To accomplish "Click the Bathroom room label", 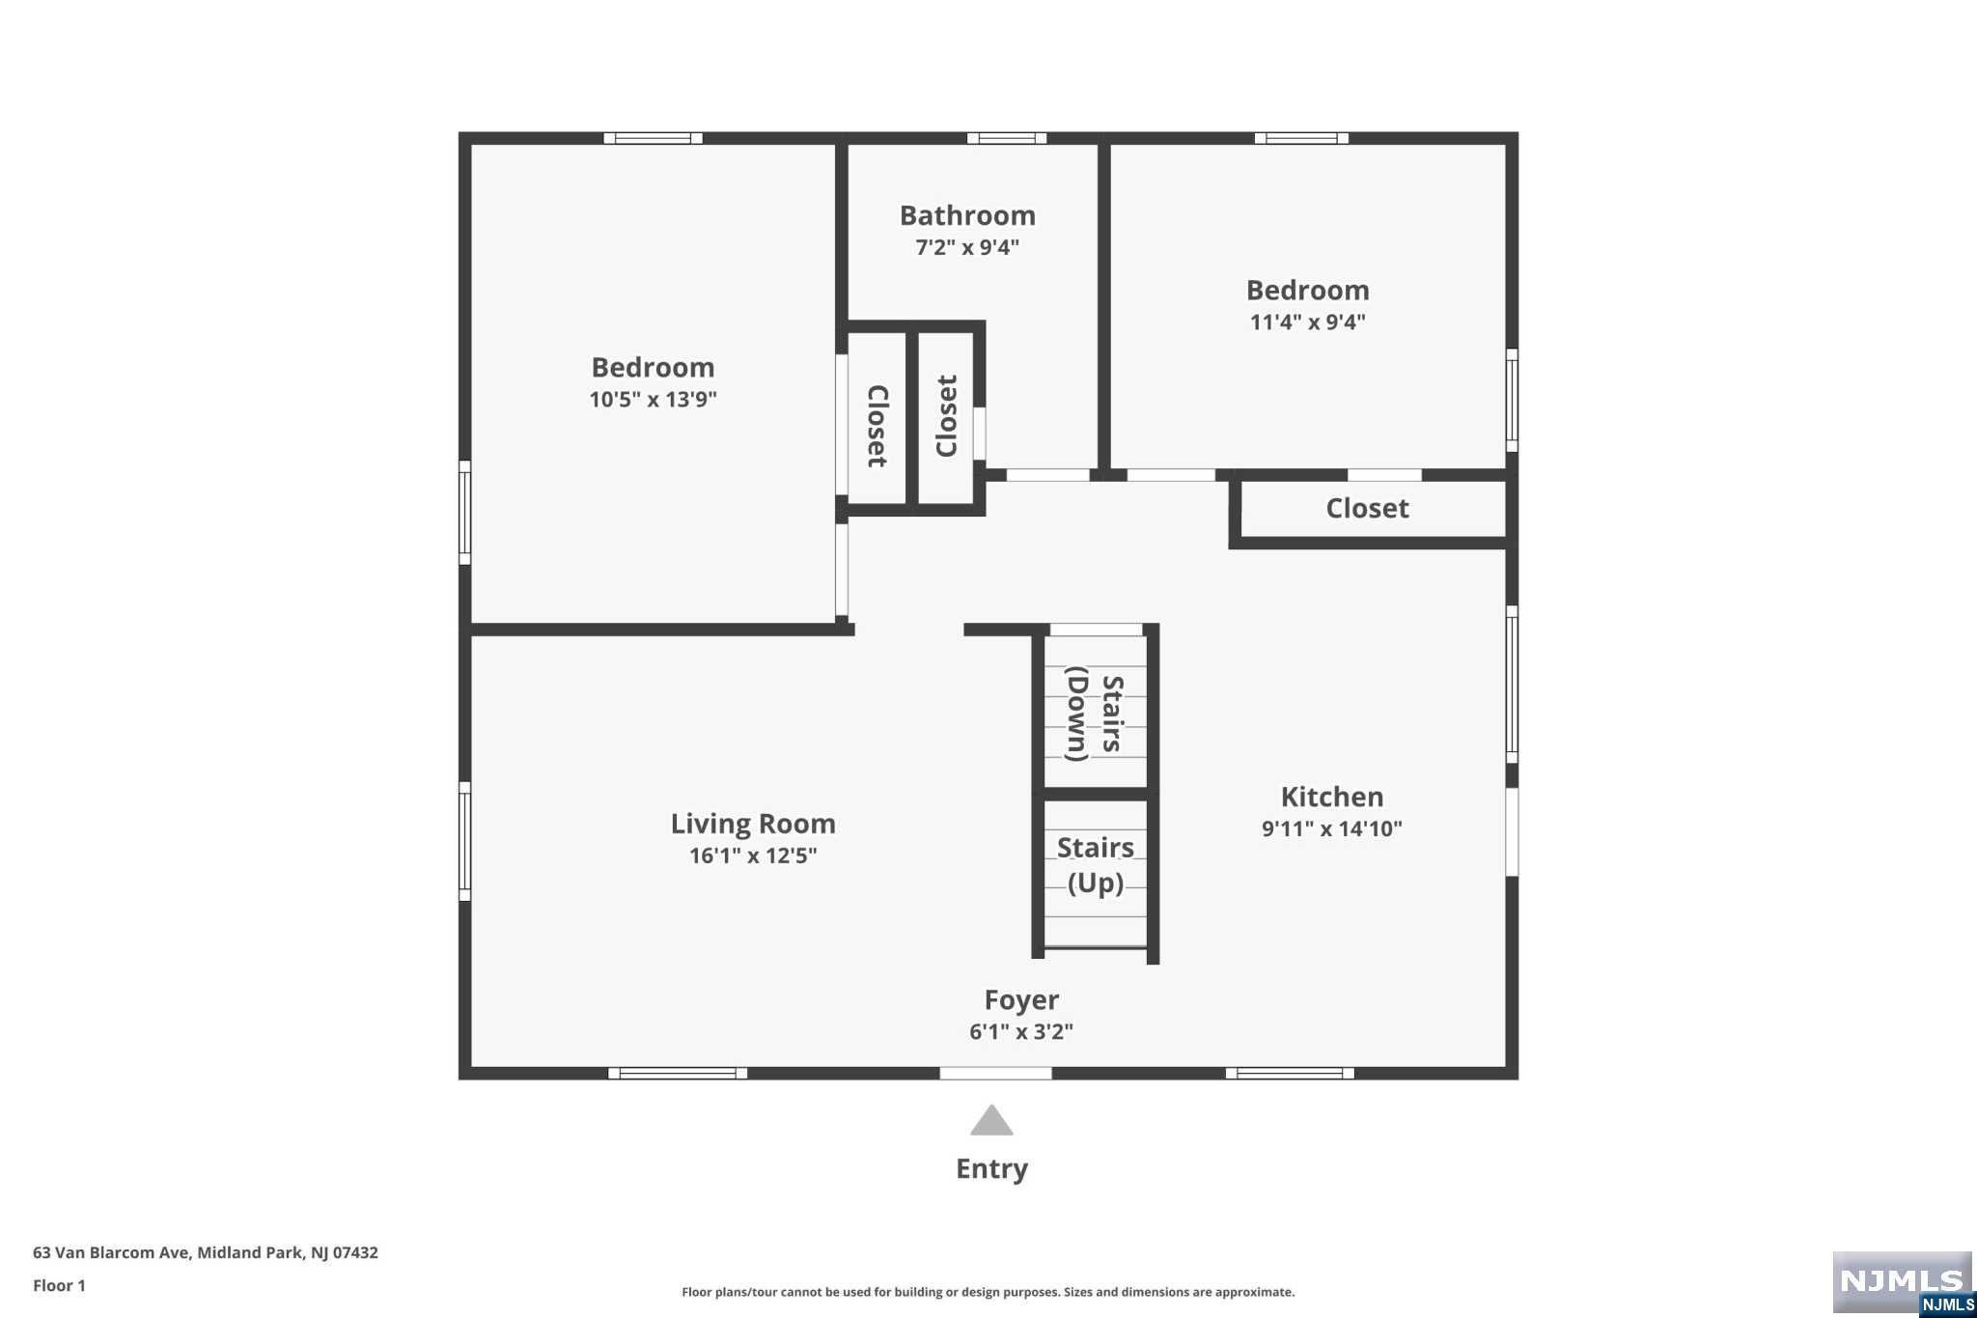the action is click(x=967, y=215).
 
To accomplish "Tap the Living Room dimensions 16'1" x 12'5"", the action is click(x=753, y=855).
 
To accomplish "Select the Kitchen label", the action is click(x=1332, y=797).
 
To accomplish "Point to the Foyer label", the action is click(x=1021, y=1000).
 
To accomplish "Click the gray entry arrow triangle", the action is click(x=991, y=1121).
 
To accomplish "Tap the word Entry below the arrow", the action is click(x=991, y=1169).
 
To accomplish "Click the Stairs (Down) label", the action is click(x=1095, y=714).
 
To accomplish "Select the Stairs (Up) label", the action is click(x=1096, y=865).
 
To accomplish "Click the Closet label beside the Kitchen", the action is click(x=1367, y=508).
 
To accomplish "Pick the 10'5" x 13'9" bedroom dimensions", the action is click(x=654, y=399).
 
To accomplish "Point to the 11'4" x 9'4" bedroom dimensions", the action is click(x=1308, y=322).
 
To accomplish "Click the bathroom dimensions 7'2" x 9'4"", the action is click(x=967, y=247).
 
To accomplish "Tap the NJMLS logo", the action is click(x=1903, y=1282).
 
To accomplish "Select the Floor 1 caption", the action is click(x=59, y=1285).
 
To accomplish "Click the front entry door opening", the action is click(x=995, y=1073).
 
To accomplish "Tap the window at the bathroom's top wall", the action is click(x=1007, y=138).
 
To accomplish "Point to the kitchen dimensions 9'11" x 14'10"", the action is click(x=1332, y=828).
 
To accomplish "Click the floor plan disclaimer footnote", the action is click(x=988, y=1292).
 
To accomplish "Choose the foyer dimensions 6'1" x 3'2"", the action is click(x=1021, y=1032).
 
